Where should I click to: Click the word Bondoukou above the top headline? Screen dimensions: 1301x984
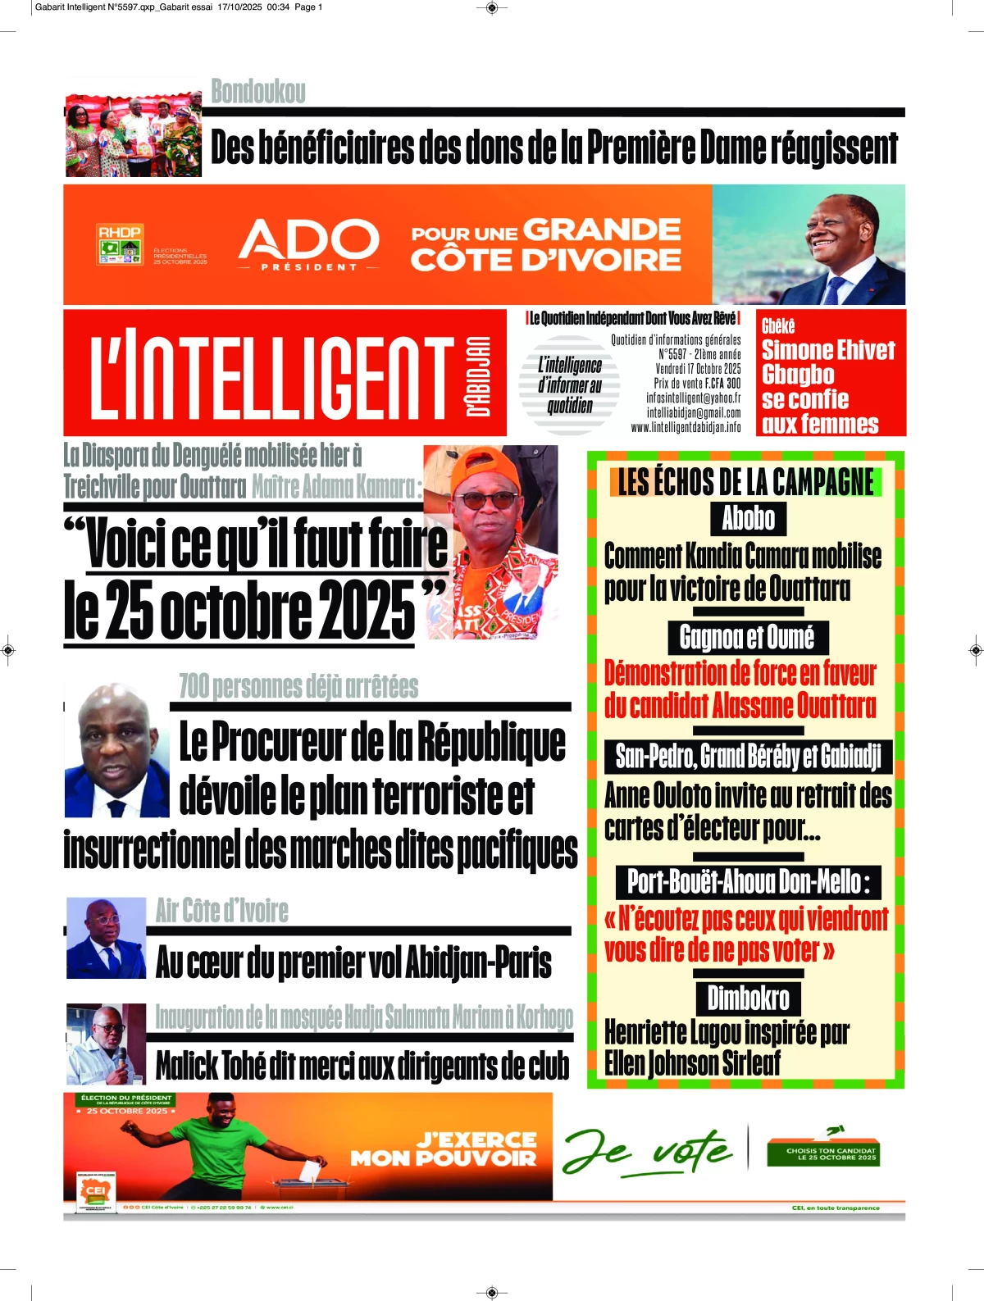[258, 91]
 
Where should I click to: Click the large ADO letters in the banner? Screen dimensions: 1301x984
[308, 239]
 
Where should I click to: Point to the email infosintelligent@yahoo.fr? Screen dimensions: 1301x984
[693, 398]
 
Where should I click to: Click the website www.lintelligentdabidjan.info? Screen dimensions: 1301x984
[686, 427]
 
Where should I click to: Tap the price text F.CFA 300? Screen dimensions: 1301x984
[722, 383]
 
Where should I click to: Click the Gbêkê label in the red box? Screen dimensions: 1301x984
[778, 325]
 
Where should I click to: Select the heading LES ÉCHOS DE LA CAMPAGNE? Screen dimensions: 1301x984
[745, 482]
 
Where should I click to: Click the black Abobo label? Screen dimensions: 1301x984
[748, 518]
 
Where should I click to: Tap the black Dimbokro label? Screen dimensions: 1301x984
[748, 998]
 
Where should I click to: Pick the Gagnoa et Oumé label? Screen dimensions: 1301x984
[747, 637]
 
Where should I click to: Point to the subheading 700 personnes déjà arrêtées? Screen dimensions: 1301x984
[298, 686]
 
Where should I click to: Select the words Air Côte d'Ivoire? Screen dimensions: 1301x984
[222, 910]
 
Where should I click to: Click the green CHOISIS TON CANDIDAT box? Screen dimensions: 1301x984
[822, 1153]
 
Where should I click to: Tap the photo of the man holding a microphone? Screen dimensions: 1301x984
[106, 1044]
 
